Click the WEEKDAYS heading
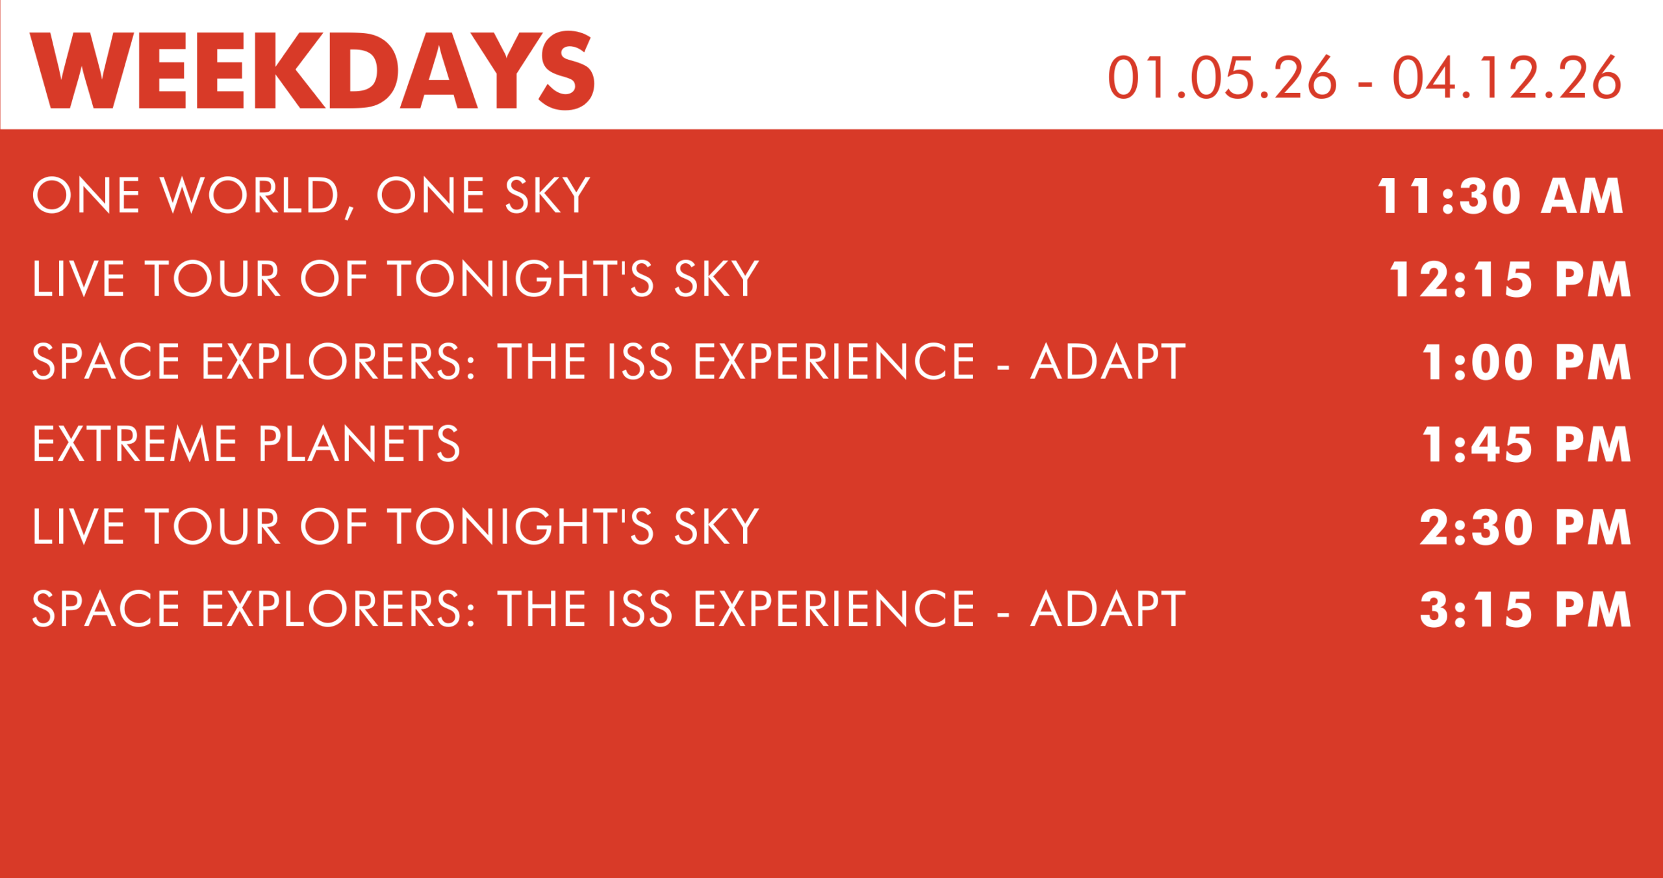(x=312, y=70)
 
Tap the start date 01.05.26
(x=1222, y=78)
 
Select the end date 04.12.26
(x=1506, y=78)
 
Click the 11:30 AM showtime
(x=1500, y=196)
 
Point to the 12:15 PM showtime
(x=1510, y=279)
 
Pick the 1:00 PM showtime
(x=1527, y=362)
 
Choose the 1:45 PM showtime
(x=1527, y=445)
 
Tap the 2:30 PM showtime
(x=1525, y=527)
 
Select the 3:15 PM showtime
(x=1525, y=610)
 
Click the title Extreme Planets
(x=246, y=445)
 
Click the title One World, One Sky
(x=311, y=196)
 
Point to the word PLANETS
(x=359, y=445)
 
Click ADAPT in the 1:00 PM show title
(x=1108, y=362)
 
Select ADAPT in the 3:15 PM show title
(x=1108, y=610)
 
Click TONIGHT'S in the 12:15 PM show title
(x=521, y=279)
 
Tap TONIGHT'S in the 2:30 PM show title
(x=521, y=526)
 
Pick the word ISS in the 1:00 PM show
(x=640, y=362)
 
